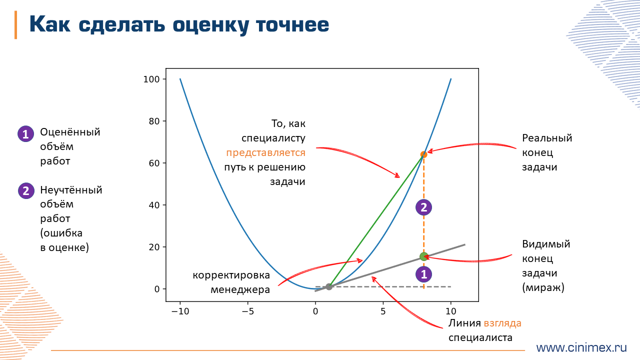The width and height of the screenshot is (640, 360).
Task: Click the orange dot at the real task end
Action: (424, 154)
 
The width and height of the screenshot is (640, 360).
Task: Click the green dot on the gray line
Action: (424, 256)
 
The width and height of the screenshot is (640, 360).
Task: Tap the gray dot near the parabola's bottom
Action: (329, 286)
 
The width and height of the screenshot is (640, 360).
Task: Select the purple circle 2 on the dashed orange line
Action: (424, 207)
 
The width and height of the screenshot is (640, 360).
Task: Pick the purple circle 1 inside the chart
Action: (424, 274)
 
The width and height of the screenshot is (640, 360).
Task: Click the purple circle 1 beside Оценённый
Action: (25, 134)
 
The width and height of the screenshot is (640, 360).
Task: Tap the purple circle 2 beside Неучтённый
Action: (25, 191)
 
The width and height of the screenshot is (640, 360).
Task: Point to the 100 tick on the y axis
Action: (151, 79)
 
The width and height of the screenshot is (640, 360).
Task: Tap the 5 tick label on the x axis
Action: (383, 310)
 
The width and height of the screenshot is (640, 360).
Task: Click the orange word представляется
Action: (265, 152)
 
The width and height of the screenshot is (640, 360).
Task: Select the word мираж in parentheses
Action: (543, 287)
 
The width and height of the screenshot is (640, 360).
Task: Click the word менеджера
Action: (240, 289)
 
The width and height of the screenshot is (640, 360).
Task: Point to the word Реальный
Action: (547, 138)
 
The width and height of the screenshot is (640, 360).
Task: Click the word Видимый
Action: (546, 244)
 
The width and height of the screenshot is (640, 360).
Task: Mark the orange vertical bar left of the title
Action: (15, 24)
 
